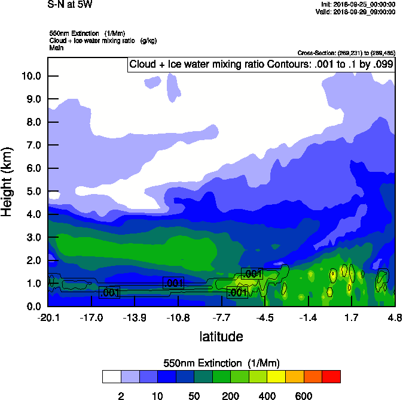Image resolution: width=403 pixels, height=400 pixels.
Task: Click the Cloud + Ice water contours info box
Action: click(x=261, y=64)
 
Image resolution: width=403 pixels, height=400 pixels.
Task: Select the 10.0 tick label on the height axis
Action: click(x=31, y=76)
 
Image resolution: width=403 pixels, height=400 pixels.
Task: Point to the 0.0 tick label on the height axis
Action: click(x=33, y=307)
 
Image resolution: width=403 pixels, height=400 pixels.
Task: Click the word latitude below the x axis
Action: click(x=221, y=337)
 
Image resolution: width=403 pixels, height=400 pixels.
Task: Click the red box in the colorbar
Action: click(x=331, y=376)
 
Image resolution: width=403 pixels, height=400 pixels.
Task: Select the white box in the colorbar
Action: click(x=111, y=376)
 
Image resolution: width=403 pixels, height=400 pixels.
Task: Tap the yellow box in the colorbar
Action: click(x=276, y=376)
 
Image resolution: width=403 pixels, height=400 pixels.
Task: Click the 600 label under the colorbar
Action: click(x=303, y=396)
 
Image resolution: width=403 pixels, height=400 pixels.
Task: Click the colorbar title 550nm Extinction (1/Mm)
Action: click(x=221, y=363)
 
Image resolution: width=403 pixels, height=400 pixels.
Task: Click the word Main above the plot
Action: click(x=56, y=47)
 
